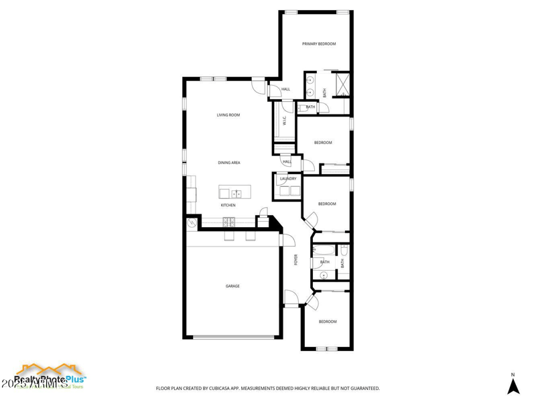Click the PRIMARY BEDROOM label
pyautogui.click(x=319, y=44)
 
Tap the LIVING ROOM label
pyautogui.click(x=228, y=115)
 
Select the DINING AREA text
pyautogui.click(x=229, y=163)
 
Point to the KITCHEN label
pyautogui.click(x=228, y=205)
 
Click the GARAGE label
pyautogui.click(x=232, y=286)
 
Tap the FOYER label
pyautogui.click(x=295, y=260)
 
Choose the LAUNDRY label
pyautogui.click(x=288, y=179)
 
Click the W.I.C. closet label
pyautogui.click(x=285, y=121)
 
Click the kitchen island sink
pyautogui.click(x=237, y=193)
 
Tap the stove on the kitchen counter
pyautogui.click(x=228, y=222)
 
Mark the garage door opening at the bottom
pyautogui.click(x=232, y=337)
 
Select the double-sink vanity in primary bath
pyautogui.click(x=310, y=86)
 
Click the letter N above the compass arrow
pyautogui.click(x=513, y=375)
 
